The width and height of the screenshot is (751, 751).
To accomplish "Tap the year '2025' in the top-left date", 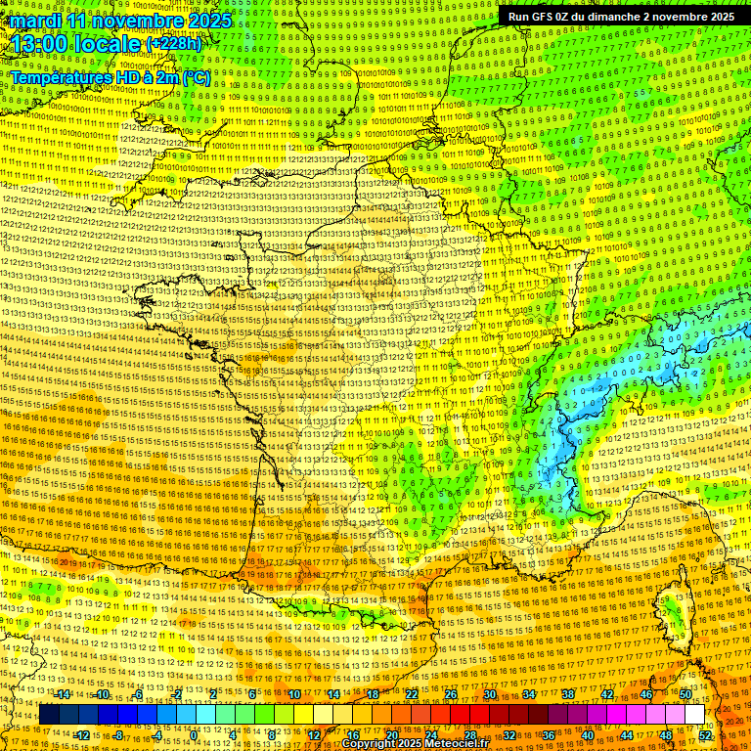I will pos(207,21).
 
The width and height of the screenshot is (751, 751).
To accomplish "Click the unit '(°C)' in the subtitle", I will pos(193,76).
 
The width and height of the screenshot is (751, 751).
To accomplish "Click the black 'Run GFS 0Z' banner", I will pos(620,17).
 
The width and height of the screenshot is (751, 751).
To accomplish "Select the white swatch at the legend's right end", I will pos(694,715).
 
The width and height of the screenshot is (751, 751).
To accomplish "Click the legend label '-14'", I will pos(64,694).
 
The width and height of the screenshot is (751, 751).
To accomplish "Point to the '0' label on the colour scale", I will pos(195,734).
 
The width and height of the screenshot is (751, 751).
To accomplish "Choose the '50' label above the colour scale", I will pos(685,694).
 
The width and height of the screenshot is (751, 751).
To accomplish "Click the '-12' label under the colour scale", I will pos(82,734).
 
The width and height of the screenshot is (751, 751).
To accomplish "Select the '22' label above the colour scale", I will pos(412,694).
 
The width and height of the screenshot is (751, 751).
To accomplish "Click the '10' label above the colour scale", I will pos(293,694).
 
